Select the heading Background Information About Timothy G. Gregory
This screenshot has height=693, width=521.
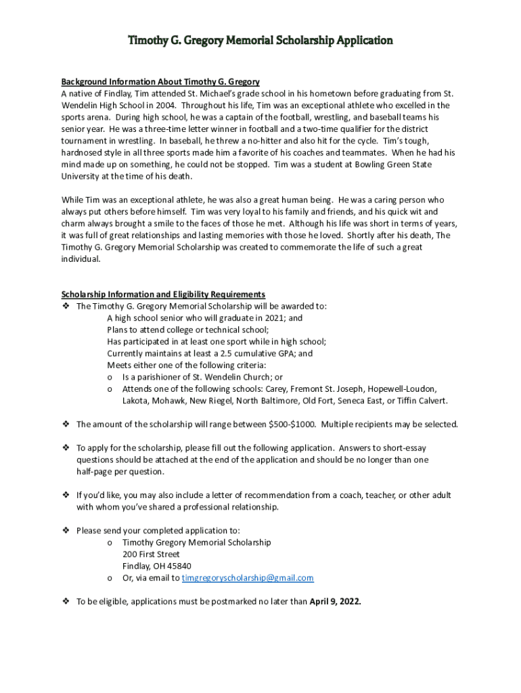[160, 82]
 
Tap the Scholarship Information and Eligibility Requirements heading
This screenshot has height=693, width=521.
[163, 294]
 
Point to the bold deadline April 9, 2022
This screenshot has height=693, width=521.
[335, 601]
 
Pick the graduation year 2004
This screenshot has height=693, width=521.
[166, 106]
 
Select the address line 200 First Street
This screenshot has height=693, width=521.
[151, 554]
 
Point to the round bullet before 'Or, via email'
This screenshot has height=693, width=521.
[110, 578]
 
